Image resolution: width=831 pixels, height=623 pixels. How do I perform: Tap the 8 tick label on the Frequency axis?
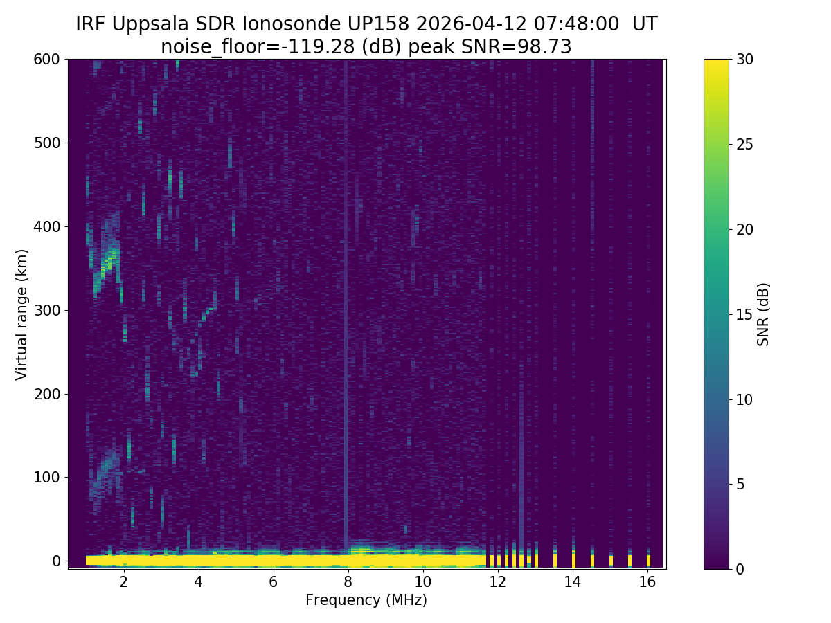[348, 582]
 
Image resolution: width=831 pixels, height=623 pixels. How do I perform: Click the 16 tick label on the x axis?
[647, 582]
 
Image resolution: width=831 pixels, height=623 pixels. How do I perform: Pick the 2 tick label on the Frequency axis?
[124, 582]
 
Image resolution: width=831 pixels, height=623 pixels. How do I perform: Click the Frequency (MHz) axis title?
[366, 600]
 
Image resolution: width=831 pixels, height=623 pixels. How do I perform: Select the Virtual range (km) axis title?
[22, 314]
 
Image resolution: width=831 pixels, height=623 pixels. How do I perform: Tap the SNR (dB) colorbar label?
[763, 314]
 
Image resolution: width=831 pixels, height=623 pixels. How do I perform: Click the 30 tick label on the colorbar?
[744, 60]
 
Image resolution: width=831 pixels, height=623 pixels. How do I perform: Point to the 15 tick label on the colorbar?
[744, 314]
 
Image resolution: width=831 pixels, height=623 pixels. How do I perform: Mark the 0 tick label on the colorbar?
[740, 569]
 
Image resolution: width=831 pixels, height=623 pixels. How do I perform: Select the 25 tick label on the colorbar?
[744, 145]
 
